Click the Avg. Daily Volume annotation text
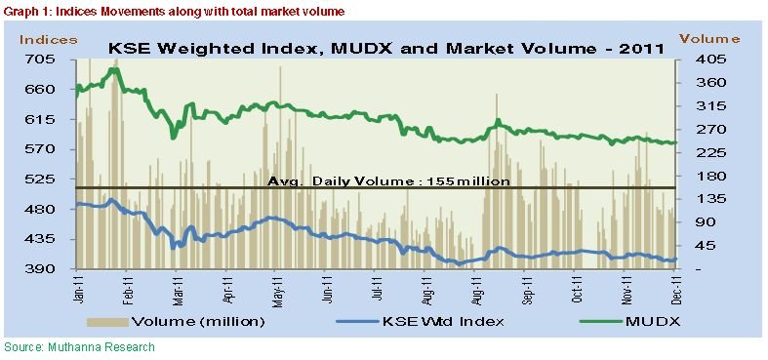[x=388, y=180]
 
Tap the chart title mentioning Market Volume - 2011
[x=384, y=46]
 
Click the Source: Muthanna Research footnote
[x=78, y=346]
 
